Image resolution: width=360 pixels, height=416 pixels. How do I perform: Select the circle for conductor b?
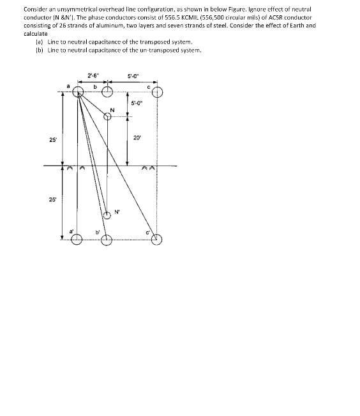[x=107, y=93]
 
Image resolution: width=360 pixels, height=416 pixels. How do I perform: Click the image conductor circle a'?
[x=77, y=240]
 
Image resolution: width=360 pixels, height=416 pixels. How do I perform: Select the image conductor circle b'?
[x=107, y=240]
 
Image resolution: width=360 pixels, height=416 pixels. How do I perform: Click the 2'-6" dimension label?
[x=92, y=76]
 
